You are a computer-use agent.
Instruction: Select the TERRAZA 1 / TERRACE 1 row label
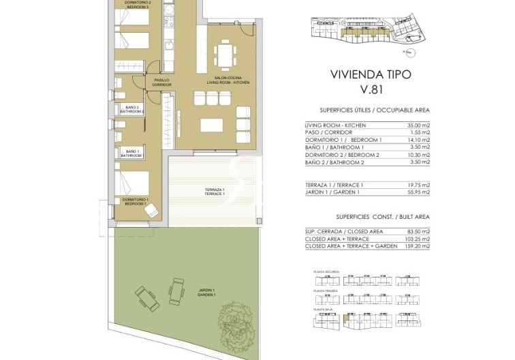coord(334,185)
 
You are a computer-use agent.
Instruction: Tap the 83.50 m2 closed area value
coord(418,232)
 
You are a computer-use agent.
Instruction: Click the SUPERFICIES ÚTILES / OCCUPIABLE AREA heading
coord(374,110)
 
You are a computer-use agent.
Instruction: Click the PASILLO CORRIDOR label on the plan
coord(162,82)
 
